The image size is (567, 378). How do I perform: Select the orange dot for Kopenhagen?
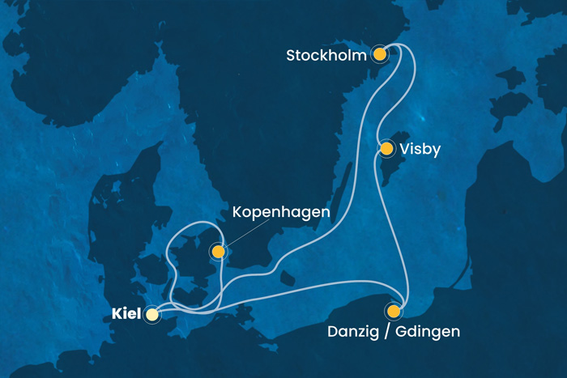tap(217, 253)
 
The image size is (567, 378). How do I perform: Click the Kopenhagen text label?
tap(280, 213)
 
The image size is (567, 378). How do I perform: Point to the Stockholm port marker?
tap(379, 55)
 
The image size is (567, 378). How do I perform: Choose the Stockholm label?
tap(327, 56)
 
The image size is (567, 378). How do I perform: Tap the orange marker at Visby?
tap(386, 149)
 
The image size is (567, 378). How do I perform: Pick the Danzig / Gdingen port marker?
tap(393, 311)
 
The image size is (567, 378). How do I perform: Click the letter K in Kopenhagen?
tap(237, 213)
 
